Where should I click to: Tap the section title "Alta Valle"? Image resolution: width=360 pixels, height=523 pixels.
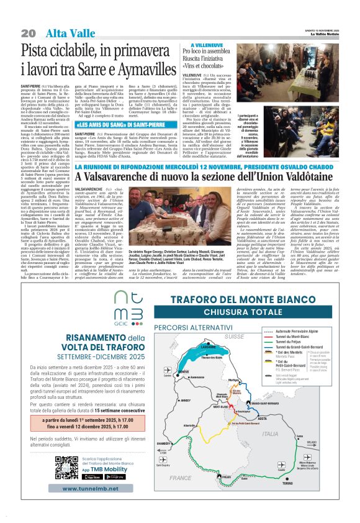tap(65, 32)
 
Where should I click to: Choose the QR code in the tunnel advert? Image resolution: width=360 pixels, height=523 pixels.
tap(66, 468)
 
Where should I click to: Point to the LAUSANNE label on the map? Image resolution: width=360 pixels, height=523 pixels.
tap(207, 364)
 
